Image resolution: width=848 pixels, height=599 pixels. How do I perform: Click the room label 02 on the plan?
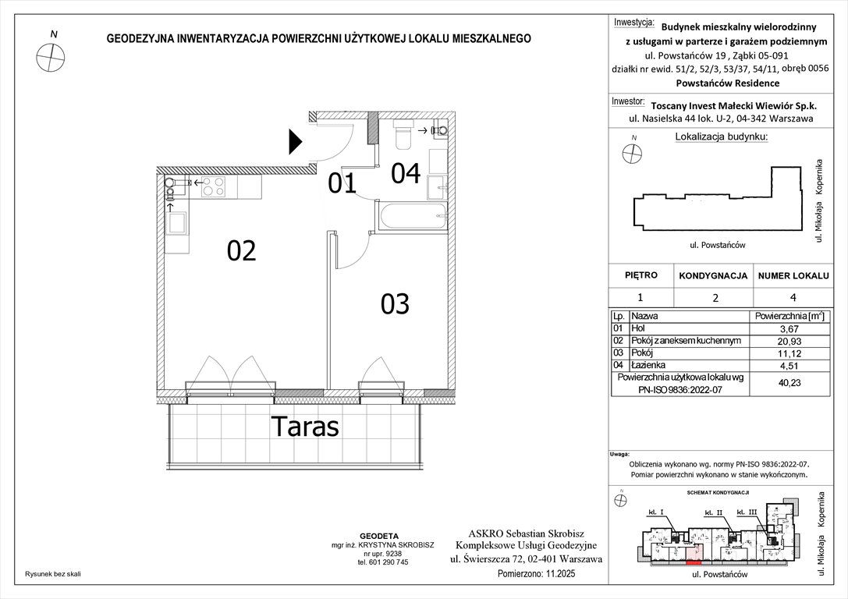(242, 251)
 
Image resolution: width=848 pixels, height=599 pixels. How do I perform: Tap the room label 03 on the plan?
(395, 303)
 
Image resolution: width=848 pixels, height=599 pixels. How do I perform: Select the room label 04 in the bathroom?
(406, 173)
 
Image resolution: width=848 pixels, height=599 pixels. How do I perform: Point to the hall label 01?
(342, 183)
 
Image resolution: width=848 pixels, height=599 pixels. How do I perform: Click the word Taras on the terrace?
(305, 427)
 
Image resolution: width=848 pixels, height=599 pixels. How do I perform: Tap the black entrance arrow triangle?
(295, 141)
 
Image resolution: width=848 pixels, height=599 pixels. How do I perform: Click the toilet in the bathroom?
(404, 135)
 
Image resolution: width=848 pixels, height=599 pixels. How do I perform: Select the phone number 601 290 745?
(382, 562)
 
